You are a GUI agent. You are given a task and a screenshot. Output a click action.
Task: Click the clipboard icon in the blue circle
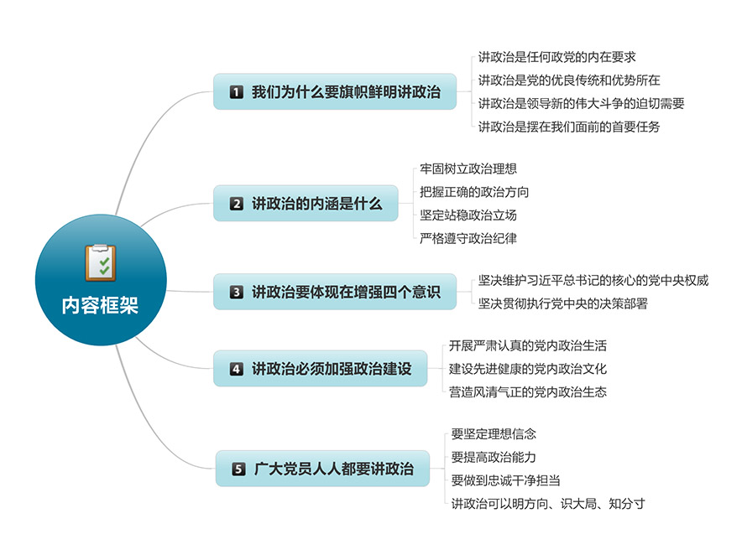click(101, 262)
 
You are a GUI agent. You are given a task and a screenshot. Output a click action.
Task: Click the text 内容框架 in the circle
click(100, 305)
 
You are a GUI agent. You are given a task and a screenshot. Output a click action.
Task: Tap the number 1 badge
click(237, 92)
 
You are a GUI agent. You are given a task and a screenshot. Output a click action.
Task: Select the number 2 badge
click(237, 204)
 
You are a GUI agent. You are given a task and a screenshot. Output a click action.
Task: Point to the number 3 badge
click(237, 292)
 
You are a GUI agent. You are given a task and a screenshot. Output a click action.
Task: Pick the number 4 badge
click(237, 369)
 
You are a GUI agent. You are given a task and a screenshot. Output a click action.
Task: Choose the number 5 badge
click(238, 469)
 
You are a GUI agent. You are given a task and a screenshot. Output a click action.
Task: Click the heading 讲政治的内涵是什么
click(316, 204)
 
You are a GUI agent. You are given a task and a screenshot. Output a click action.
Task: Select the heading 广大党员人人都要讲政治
click(333, 469)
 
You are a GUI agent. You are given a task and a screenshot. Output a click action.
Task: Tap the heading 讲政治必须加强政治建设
click(332, 369)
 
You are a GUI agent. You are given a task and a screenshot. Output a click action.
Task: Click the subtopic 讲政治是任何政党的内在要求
click(557, 57)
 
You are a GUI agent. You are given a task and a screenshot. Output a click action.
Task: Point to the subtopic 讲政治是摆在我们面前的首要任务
click(569, 127)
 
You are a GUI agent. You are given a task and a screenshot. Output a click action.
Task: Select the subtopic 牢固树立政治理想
click(468, 169)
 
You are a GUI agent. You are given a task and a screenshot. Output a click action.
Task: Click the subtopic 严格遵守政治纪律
click(468, 238)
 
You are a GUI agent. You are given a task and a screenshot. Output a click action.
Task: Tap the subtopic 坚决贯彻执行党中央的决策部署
click(563, 303)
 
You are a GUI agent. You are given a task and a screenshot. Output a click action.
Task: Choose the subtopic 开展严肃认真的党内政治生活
click(528, 345)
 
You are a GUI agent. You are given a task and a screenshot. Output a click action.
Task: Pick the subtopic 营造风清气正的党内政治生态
click(528, 392)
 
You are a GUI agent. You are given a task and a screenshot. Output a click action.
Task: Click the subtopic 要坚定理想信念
click(494, 434)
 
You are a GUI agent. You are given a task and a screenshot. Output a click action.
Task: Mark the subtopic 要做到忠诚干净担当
click(505, 480)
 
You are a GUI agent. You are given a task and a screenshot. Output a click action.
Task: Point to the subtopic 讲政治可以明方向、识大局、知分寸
click(548, 503)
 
